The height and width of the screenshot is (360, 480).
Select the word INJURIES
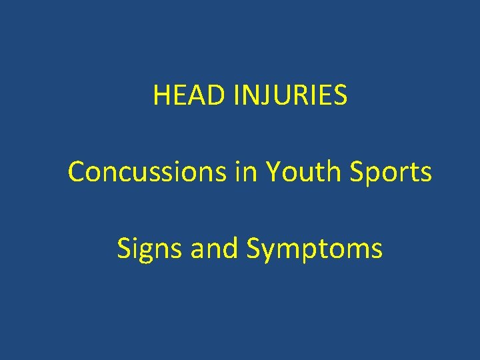(x=290, y=95)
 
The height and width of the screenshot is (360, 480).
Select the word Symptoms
(x=314, y=249)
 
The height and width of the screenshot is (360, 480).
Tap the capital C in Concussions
(x=77, y=172)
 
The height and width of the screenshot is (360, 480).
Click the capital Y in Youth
(x=272, y=172)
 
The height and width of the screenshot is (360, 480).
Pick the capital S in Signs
(x=124, y=249)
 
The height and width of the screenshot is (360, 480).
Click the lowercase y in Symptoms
(x=267, y=252)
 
